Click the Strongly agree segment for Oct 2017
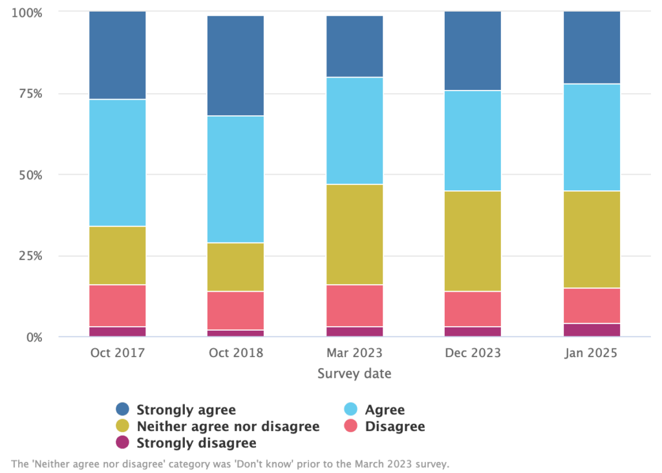(x=118, y=55)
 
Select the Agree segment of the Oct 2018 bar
(x=235, y=179)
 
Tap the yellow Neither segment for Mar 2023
(x=354, y=234)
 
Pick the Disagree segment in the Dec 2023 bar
(x=473, y=309)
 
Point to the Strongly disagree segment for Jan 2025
(x=592, y=330)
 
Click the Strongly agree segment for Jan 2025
(x=592, y=47)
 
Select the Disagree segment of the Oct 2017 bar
(x=118, y=305)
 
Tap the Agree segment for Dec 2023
(x=473, y=140)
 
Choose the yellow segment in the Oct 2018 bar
(x=235, y=267)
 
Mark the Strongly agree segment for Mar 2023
(x=354, y=46)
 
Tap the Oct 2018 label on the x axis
(x=235, y=353)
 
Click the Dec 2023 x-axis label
(x=473, y=353)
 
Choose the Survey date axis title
(x=354, y=374)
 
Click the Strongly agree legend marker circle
(x=122, y=410)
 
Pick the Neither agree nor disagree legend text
(x=228, y=426)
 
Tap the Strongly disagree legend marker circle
(x=122, y=443)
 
